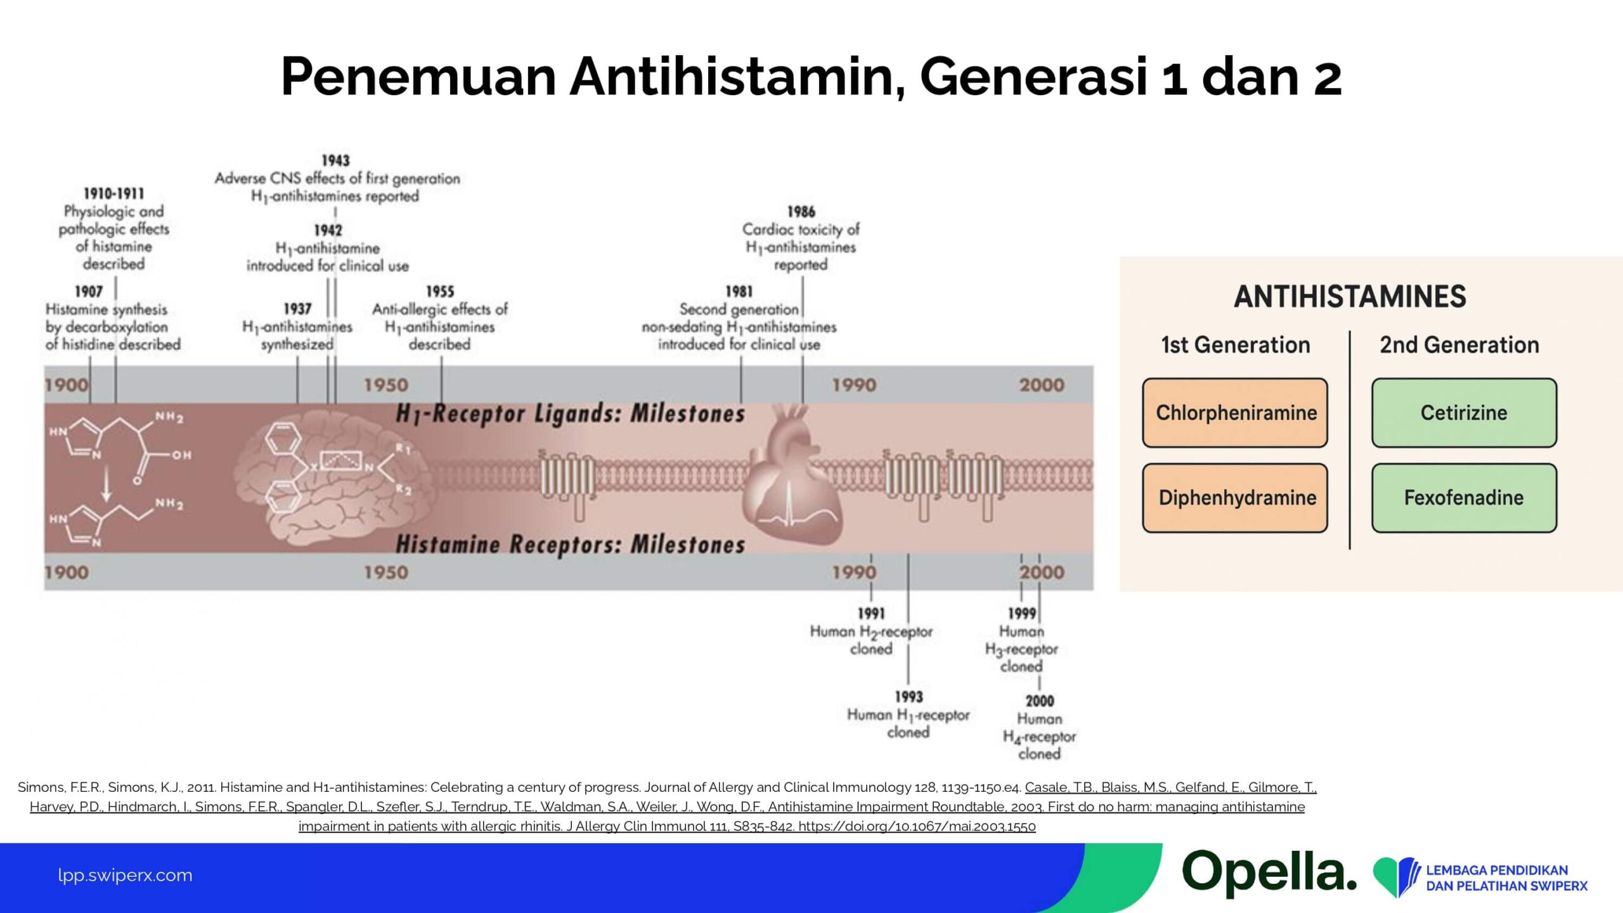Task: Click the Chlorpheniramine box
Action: point(1235,413)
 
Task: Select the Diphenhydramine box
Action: point(1235,498)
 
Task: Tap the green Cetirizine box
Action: point(1464,413)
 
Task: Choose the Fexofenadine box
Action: point(1464,498)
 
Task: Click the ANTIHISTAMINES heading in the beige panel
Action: point(1350,297)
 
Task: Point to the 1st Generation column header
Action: point(1236,345)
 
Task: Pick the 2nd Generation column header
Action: point(1459,345)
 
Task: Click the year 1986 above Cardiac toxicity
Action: point(801,212)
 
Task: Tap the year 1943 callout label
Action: point(335,160)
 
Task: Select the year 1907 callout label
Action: point(89,292)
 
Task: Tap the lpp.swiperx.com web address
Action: point(125,875)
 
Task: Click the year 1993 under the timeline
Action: point(908,697)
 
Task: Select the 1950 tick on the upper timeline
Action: point(385,385)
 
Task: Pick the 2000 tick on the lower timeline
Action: point(1042,572)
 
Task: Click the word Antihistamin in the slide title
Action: point(737,76)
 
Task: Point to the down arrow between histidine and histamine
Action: point(107,488)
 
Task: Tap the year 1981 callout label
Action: point(739,292)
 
